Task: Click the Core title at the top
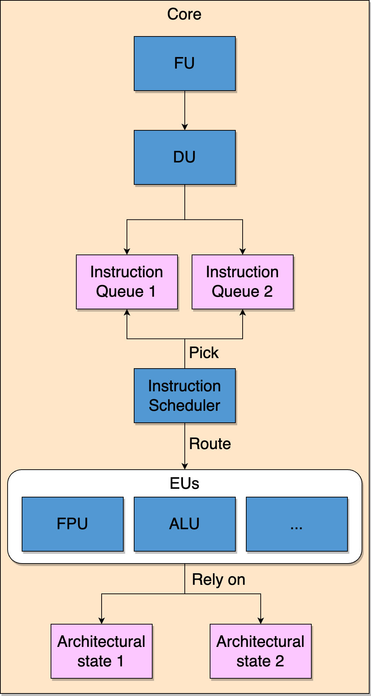point(184,14)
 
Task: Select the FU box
point(184,64)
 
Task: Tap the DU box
point(184,157)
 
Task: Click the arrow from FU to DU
point(185,110)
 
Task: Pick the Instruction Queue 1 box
point(127,282)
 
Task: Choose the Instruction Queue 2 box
point(242,282)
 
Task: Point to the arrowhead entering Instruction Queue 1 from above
point(127,252)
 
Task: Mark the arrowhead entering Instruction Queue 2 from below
point(243,313)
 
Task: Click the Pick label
point(204,353)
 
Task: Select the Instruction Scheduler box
point(184,396)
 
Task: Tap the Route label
point(210,444)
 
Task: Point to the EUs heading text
point(184,483)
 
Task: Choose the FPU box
point(72,524)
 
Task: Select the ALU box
point(184,524)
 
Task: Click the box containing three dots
point(297,524)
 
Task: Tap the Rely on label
point(218,579)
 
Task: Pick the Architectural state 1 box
point(101,651)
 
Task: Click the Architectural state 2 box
point(260,651)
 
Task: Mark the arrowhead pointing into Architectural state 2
point(261,621)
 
